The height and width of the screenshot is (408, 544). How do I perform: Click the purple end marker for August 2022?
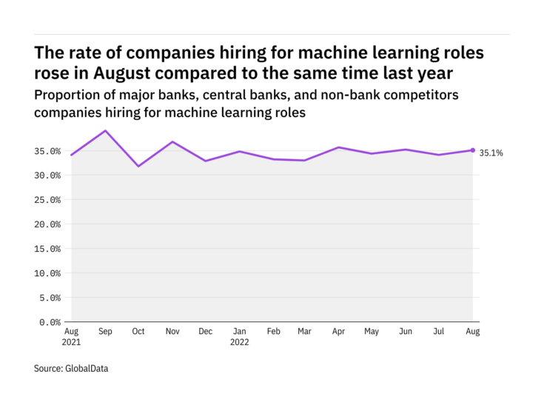pyautogui.click(x=473, y=150)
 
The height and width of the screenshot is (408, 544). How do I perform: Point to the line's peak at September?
pyautogui.click(x=105, y=131)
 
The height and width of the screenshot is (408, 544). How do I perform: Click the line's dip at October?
pyautogui.click(x=138, y=166)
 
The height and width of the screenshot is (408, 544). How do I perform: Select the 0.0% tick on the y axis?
pyautogui.click(x=50, y=322)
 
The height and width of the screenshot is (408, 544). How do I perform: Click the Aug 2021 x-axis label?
pyautogui.click(x=72, y=337)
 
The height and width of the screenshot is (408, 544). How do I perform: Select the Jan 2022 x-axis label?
pyautogui.click(x=239, y=337)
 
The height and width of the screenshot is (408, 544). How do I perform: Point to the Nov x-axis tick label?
pyautogui.click(x=172, y=332)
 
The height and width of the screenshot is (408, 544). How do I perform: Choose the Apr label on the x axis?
pyautogui.click(x=339, y=332)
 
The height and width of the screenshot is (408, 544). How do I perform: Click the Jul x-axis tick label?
pyautogui.click(x=440, y=332)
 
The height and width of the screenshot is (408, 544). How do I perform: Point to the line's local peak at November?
pyautogui.click(x=172, y=141)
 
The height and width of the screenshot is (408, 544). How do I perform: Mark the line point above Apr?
pyautogui.click(x=339, y=147)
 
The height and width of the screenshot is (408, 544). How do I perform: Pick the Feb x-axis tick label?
pyautogui.click(x=272, y=332)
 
